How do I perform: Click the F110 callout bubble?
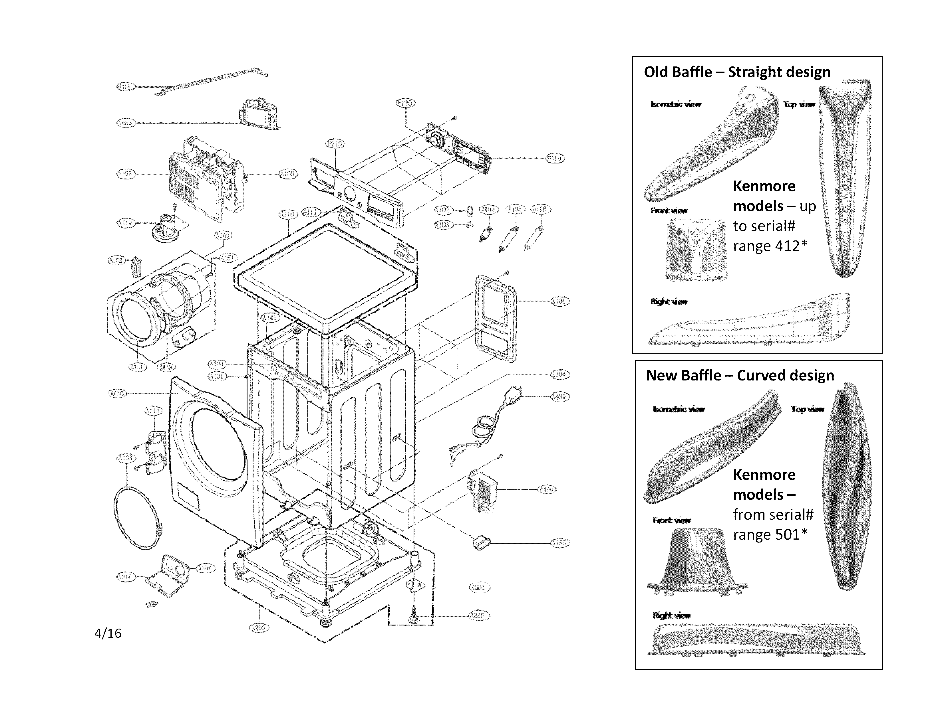[555, 159]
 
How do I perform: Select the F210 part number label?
[336, 143]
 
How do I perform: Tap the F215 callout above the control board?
[405, 103]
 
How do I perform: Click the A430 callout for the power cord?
[560, 396]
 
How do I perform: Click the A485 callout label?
[126, 123]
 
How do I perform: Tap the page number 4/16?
[108, 633]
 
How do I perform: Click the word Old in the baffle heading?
[656, 72]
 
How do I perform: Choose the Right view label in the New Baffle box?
[672, 615]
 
